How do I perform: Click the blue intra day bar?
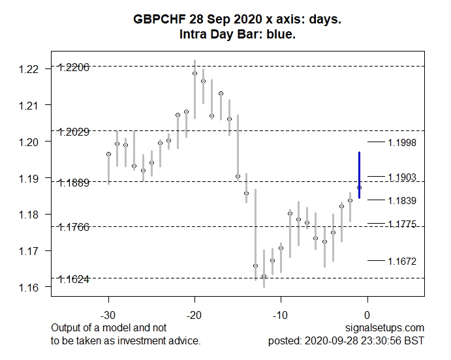point(359,174)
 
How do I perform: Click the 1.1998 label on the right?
point(401,143)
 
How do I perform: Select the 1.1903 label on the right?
point(401,177)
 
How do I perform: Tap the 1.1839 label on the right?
point(401,201)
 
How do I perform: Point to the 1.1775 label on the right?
point(401,224)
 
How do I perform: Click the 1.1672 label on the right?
point(401,262)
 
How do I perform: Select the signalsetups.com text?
point(388,328)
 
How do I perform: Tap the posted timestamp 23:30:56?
point(384,340)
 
